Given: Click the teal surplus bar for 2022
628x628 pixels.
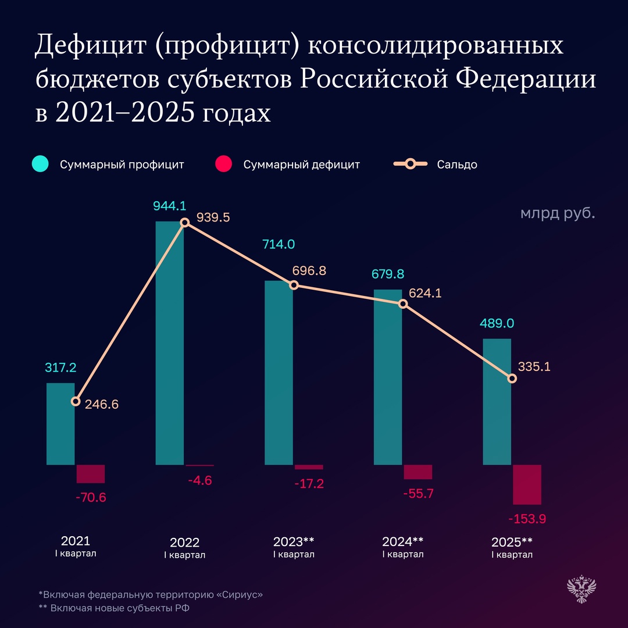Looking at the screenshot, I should [170, 343].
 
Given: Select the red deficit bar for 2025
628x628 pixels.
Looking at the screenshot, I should [527, 484].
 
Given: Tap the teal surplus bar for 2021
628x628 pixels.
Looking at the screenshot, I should [60, 423].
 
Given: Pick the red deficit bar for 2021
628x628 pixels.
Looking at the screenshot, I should [91, 474].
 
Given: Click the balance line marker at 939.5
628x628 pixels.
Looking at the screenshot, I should [185, 222].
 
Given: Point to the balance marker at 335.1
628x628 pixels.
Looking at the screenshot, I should [512, 379].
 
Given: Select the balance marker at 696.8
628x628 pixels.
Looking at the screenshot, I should [294, 285].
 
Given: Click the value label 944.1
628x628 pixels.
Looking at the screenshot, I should [170, 206].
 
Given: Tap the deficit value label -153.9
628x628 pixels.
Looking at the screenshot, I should [527, 519].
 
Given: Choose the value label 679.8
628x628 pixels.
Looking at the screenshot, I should [388, 274].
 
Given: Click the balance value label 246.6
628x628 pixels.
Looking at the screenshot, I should [102, 404].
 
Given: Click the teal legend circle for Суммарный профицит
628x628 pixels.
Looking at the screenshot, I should [40, 165].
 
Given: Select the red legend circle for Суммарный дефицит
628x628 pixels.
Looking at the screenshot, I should [223, 165].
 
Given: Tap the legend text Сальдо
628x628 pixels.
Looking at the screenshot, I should [457, 165].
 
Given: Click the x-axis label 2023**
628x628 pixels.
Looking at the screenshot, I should [294, 541].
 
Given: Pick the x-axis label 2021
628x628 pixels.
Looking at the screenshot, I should [76, 540].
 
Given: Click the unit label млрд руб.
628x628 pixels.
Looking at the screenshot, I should [558, 213].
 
